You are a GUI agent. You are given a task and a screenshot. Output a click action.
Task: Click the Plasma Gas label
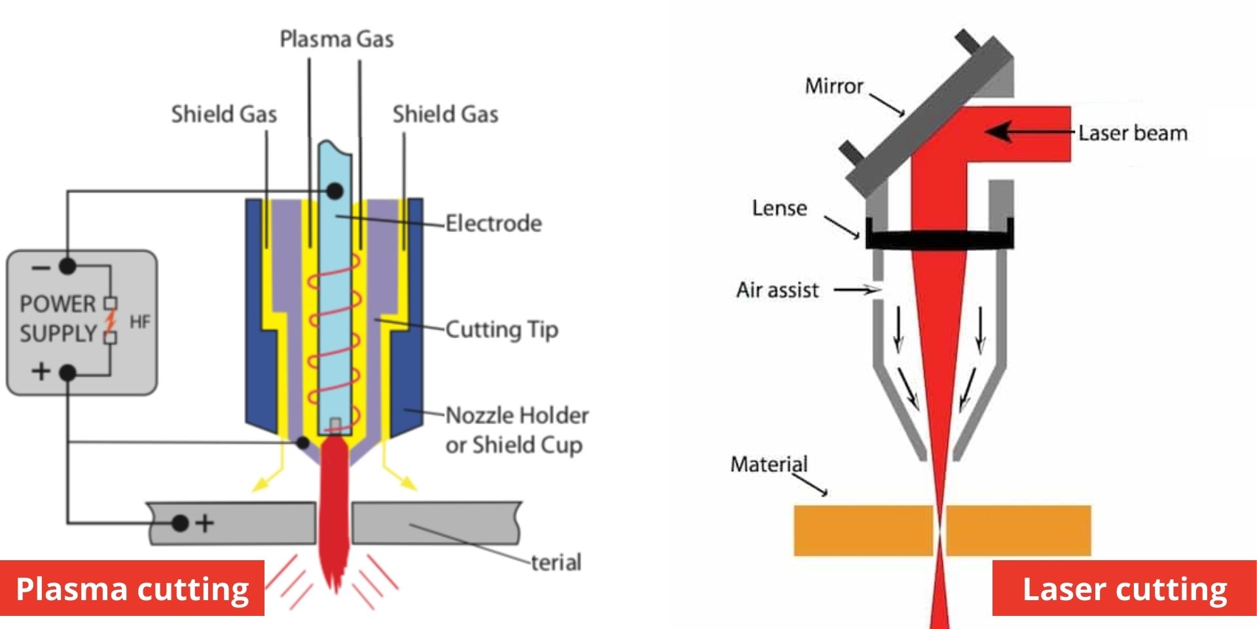click(337, 39)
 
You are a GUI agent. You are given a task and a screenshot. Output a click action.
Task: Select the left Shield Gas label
click(224, 115)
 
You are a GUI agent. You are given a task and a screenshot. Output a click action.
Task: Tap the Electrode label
click(494, 223)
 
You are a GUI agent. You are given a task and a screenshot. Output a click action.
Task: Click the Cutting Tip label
click(501, 330)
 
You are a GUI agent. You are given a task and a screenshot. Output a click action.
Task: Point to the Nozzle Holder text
click(517, 415)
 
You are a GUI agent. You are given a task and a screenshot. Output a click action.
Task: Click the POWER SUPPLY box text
click(58, 319)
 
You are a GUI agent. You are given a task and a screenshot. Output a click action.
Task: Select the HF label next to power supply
click(140, 322)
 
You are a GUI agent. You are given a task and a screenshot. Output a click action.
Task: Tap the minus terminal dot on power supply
click(67, 266)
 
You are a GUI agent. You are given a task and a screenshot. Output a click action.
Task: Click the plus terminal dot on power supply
click(67, 373)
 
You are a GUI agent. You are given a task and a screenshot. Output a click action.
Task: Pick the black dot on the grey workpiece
click(180, 523)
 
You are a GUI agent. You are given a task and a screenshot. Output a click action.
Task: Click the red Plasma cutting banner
click(132, 588)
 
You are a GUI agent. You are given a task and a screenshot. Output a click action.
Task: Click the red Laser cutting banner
click(1124, 588)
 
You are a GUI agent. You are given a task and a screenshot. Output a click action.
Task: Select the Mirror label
click(834, 86)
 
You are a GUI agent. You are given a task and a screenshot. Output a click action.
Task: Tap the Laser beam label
click(1133, 134)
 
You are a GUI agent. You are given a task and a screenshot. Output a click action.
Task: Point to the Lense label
click(779, 208)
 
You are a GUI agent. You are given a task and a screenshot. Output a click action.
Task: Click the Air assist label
click(777, 290)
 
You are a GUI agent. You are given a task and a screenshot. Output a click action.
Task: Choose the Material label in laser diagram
click(769, 464)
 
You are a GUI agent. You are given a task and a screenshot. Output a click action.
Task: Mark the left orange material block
click(863, 531)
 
